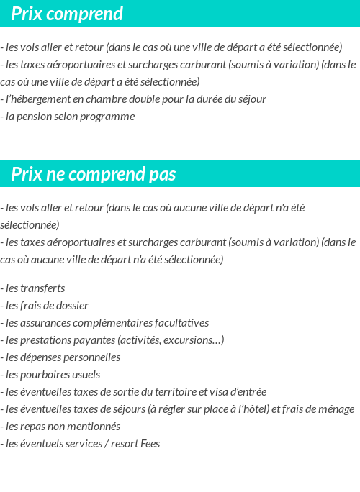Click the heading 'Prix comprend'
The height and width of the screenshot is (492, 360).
pyautogui.click(x=67, y=14)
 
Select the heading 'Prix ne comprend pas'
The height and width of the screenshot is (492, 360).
pyautogui.click(x=94, y=175)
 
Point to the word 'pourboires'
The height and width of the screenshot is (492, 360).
pyautogui.click(x=45, y=374)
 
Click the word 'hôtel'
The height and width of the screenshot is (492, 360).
pyautogui.click(x=253, y=409)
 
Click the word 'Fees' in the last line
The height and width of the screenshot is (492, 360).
pyautogui.click(x=150, y=443)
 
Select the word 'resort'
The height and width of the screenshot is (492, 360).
pyautogui.click(x=121, y=443)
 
